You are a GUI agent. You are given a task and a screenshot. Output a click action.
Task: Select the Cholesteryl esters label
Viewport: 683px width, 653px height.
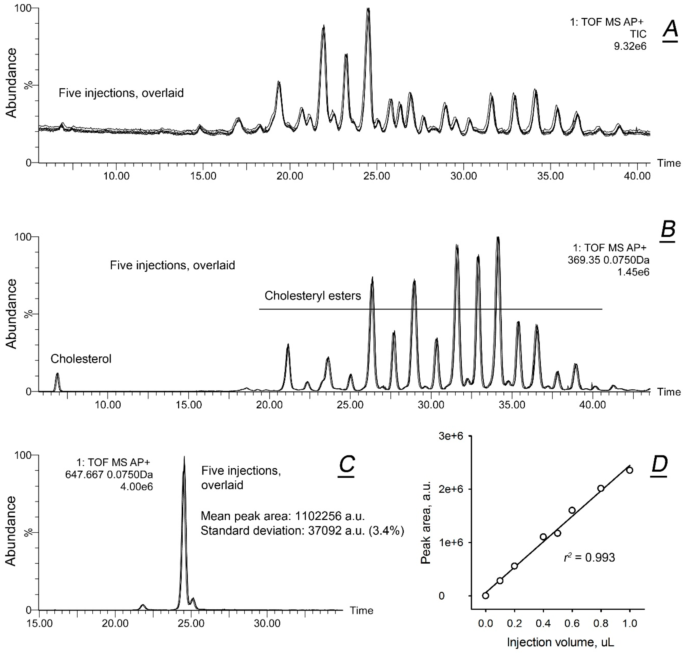pos(313,296)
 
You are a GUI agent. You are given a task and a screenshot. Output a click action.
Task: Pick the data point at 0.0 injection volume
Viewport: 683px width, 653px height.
pos(486,596)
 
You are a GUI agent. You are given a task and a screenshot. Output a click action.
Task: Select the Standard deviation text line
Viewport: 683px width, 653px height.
pos(302,531)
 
